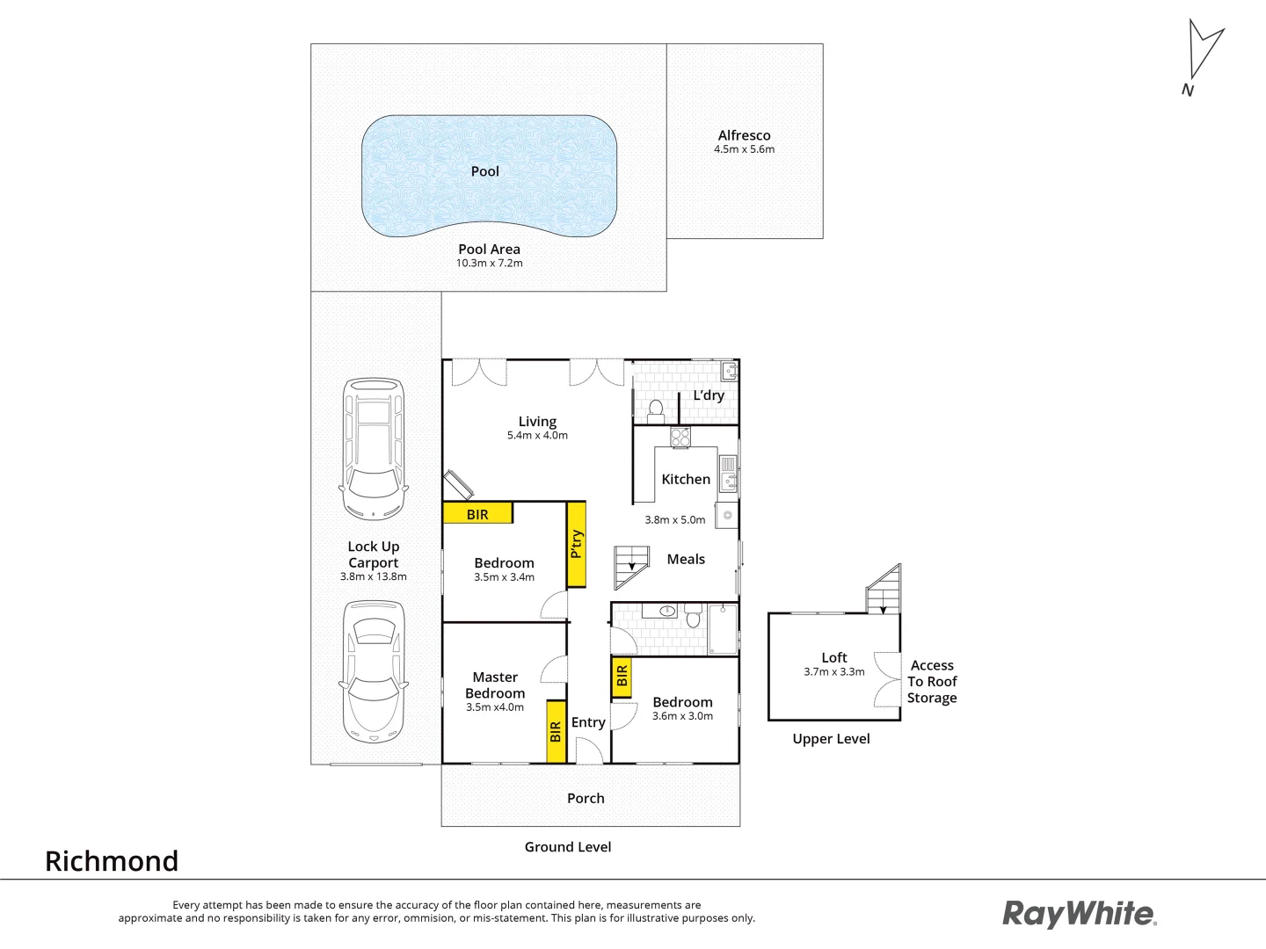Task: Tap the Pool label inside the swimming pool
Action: (x=484, y=171)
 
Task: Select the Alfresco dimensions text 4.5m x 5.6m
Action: (x=744, y=149)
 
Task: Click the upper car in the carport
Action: (x=374, y=448)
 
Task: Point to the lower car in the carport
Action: (x=374, y=671)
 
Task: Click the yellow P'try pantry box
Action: (x=577, y=544)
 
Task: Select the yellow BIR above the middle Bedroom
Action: (x=477, y=513)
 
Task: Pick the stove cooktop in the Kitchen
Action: (x=680, y=437)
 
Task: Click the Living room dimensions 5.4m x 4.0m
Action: (x=537, y=436)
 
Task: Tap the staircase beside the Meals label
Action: (x=630, y=567)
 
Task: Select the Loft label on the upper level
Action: (x=834, y=657)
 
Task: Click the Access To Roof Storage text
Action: (x=932, y=682)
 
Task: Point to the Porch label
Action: (x=586, y=798)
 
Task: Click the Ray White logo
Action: (x=1080, y=914)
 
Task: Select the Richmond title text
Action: (x=112, y=861)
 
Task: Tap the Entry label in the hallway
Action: (x=588, y=722)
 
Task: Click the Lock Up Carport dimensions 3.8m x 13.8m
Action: (x=374, y=577)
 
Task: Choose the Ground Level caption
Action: (x=568, y=847)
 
